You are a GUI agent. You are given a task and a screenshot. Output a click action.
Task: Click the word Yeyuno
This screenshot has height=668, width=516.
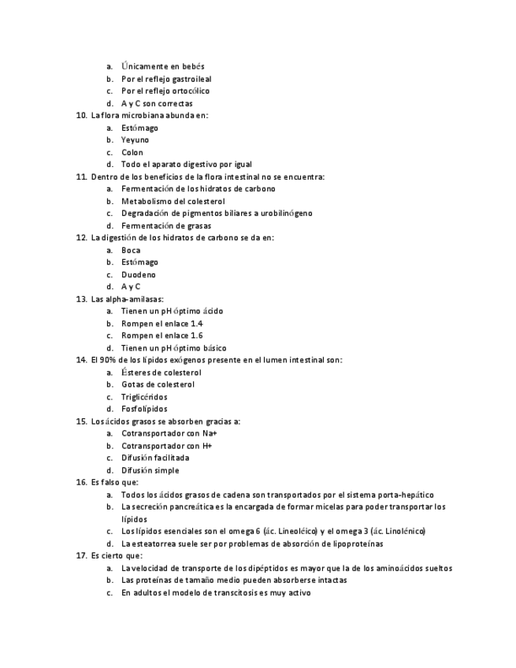tap(135, 140)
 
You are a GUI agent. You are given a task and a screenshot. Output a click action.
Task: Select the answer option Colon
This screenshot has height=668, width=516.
tap(132, 153)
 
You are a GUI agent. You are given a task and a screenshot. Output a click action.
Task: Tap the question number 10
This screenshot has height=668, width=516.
tap(81, 116)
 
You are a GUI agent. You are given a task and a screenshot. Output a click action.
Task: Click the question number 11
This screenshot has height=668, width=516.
tap(81, 177)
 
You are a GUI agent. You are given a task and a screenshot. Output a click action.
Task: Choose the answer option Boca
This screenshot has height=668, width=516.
tap(131, 250)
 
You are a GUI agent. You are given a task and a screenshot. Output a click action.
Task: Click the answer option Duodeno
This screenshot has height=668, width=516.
tap(139, 275)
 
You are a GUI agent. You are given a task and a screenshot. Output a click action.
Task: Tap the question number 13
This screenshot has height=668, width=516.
tap(81, 299)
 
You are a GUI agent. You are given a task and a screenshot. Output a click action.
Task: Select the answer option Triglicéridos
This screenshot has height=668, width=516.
tap(144, 397)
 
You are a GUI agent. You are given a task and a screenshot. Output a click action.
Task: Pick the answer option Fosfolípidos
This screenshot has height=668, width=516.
tap(144, 410)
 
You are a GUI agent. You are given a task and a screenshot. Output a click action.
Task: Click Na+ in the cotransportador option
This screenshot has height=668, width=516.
tap(210, 433)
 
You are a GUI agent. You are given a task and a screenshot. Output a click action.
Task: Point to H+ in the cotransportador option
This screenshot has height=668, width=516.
tap(206, 446)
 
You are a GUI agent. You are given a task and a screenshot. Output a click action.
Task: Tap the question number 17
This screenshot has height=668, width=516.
tap(81, 556)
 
